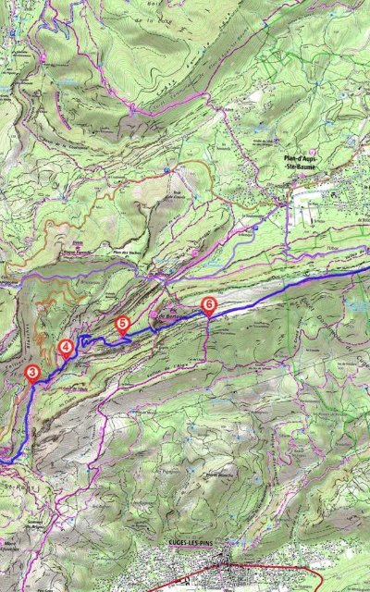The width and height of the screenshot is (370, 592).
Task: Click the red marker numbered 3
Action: [x=33, y=373]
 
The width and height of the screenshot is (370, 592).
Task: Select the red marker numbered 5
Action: [x=123, y=323]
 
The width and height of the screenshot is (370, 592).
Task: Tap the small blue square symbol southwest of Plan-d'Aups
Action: [x=255, y=227]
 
